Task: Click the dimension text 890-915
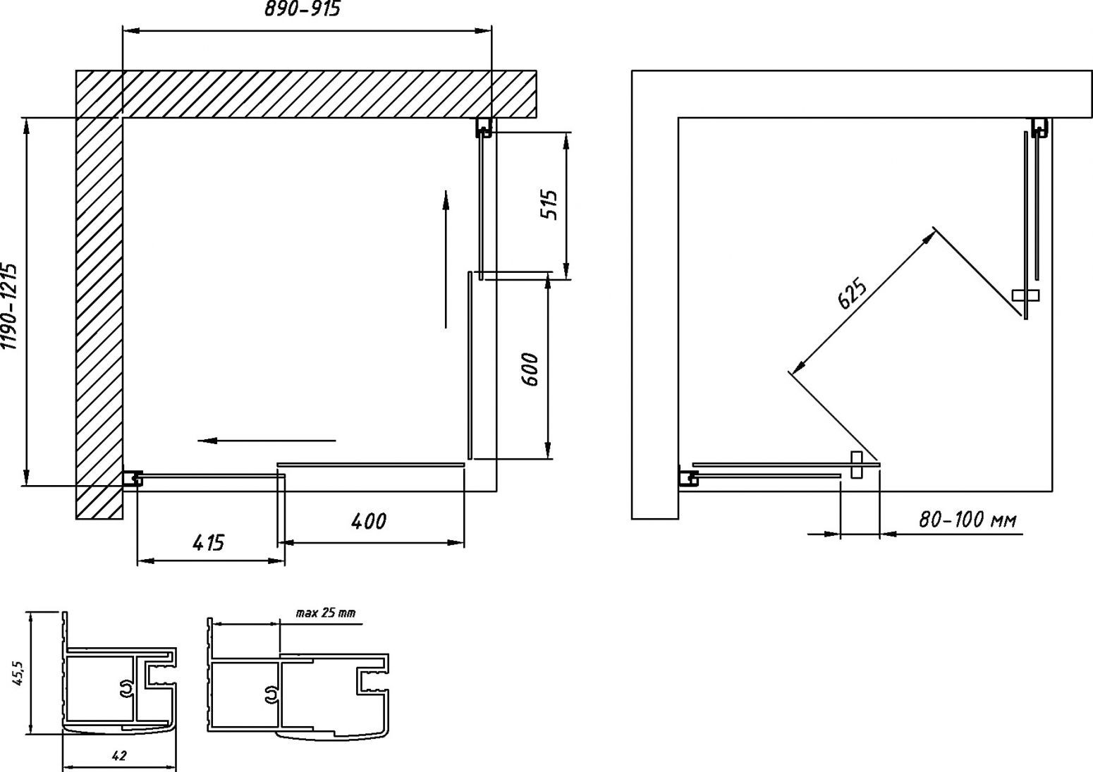302,9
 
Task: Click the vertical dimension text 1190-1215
10,307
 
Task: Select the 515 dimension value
549,205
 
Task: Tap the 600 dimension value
530,369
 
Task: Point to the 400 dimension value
368,522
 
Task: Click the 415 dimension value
208,543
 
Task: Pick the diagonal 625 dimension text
852,294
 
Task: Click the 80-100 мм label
967,520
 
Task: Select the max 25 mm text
326,613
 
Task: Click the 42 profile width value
118,756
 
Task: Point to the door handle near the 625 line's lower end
856,465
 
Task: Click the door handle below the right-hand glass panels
1025,295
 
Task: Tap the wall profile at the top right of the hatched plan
484,127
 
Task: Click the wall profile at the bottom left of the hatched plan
133,478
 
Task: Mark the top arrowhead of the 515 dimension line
566,143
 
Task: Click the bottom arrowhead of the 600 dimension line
548,448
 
